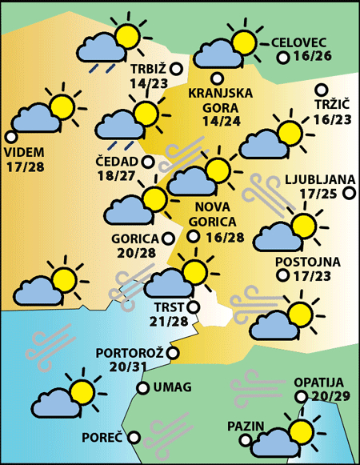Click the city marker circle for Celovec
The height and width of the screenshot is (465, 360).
(282, 58)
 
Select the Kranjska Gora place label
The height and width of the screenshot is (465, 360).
(221, 100)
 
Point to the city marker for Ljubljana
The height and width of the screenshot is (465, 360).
(348, 192)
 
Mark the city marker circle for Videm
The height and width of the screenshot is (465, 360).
(10, 136)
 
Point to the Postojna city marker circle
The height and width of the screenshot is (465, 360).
(282, 275)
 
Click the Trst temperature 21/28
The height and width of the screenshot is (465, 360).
(169, 321)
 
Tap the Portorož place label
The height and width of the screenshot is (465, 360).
(130, 353)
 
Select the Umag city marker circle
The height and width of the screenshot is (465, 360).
(142, 388)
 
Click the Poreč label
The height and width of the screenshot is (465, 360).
(102, 438)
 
